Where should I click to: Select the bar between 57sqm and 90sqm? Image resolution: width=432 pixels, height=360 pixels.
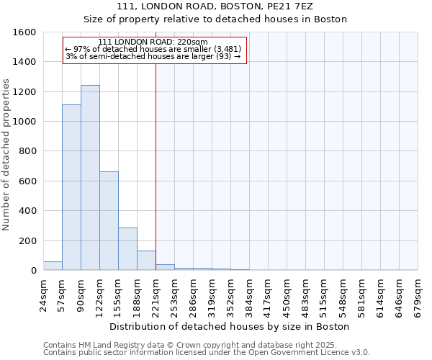[x=71, y=187]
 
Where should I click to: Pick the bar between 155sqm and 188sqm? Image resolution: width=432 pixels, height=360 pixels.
[x=127, y=249]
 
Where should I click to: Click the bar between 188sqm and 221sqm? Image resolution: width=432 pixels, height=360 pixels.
[x=146, y=261]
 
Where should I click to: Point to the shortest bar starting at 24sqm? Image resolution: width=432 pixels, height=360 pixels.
[x=53, y=266]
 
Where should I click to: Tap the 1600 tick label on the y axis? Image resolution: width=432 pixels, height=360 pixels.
[x=25, y=32]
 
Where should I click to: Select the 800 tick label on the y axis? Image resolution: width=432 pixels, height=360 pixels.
[x=27, y=151]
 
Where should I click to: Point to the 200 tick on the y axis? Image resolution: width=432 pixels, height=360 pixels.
[x=27, y=240]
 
